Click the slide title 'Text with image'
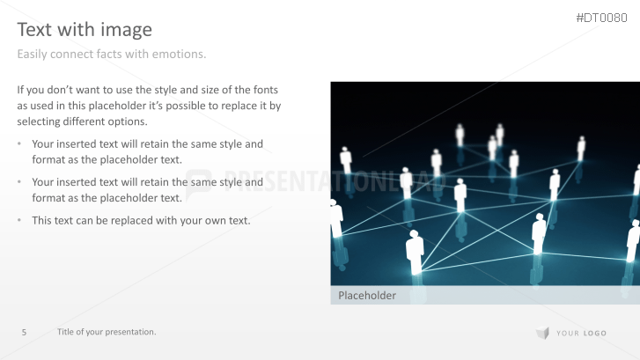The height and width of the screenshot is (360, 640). (85, 29)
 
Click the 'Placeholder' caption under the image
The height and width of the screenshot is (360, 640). (367, 296)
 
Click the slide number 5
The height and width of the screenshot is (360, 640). (24, 332)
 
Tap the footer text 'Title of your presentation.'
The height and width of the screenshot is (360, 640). (107, 332)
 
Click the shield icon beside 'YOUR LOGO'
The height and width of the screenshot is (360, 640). (543, 333)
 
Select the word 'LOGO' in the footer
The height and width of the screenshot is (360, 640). (594, 333)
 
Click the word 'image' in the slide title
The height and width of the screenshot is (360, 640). (129, 29)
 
